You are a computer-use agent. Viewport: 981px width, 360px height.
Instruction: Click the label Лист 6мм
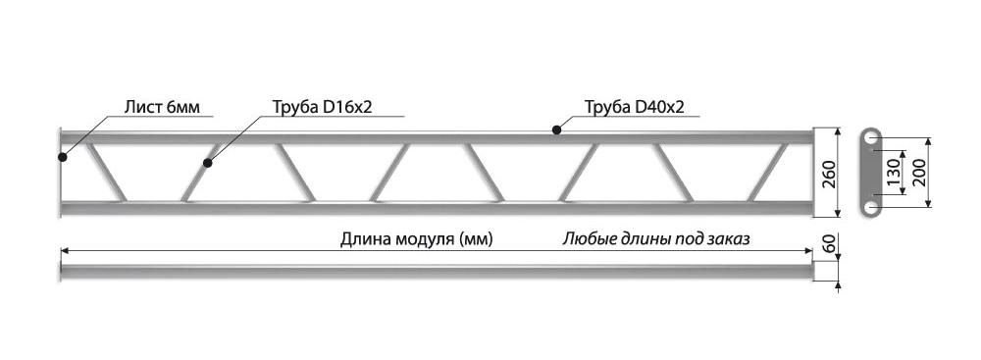162,107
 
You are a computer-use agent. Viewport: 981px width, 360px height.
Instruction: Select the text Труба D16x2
322,107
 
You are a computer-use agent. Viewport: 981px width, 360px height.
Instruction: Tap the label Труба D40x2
635,107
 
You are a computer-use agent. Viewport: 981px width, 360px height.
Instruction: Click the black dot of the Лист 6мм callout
62,157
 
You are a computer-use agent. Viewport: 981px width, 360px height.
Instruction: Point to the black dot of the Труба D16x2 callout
208,164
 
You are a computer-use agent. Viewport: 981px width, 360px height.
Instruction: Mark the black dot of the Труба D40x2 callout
555,130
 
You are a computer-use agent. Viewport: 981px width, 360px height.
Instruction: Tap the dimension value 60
830,244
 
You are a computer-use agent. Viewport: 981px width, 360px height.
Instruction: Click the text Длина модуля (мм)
417,239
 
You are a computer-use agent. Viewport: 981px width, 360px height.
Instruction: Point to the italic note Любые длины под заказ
655,239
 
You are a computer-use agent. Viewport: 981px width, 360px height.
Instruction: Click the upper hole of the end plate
869,139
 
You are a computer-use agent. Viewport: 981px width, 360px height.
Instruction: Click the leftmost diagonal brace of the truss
106,173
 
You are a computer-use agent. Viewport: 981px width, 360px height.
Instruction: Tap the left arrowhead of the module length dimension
65,250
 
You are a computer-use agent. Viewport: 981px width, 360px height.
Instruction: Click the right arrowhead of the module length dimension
807,250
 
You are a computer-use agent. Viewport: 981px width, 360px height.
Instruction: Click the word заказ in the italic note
730,239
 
